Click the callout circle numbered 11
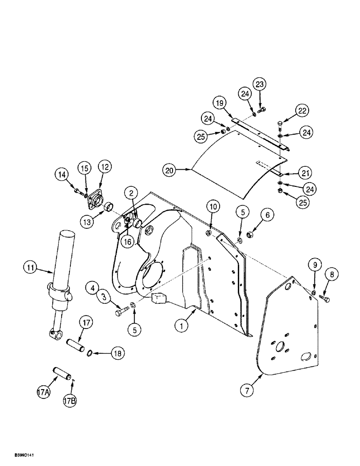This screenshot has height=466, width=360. coord(30,268)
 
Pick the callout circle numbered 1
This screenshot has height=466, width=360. coord(180,327)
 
